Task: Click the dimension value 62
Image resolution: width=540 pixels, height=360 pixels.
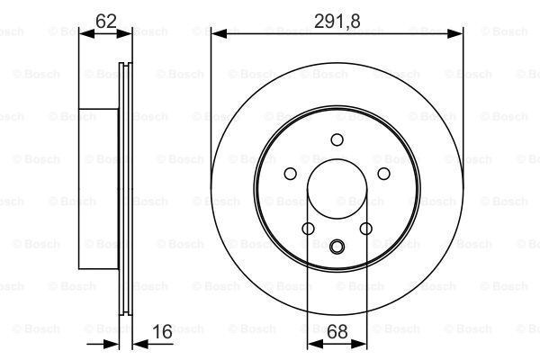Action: (105, 22)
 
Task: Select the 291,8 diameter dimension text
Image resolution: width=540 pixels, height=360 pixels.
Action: (337, 22)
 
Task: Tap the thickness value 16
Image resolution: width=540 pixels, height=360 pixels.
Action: (162, 332)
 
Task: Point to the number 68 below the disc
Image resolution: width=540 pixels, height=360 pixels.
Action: (337, 332)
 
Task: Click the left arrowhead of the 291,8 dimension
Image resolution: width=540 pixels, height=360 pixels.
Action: (219, 34)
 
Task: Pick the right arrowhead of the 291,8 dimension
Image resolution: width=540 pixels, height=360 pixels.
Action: (454, 34)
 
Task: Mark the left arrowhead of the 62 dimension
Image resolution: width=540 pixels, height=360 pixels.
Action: (86, 34)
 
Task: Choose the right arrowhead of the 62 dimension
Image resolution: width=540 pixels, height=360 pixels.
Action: (124, 34)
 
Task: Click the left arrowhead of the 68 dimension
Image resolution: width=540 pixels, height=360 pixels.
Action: (315, 344)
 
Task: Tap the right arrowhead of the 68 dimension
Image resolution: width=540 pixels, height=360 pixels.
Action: (359, 344)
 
